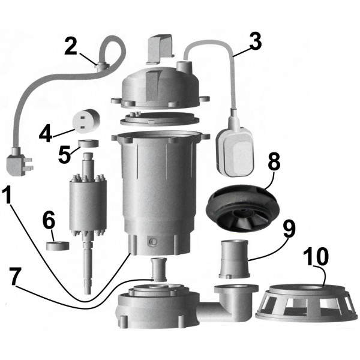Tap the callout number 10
[x=316, y=257]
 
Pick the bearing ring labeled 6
[x=58, y=245]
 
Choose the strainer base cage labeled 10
[x=306, y=300]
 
